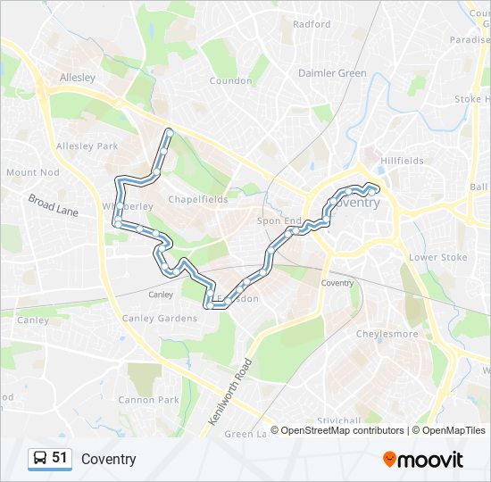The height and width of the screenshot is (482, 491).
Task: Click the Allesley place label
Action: [77, 78]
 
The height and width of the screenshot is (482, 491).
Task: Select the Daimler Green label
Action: [332, 73]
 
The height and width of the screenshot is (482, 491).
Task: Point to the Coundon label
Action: [230, 80]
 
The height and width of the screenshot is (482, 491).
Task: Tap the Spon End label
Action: [279, 220]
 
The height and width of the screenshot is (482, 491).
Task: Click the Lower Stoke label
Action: [437, 257]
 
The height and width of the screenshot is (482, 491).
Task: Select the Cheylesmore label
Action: [387, 334]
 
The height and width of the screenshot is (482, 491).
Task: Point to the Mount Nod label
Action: [32, 172]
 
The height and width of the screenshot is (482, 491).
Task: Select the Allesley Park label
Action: [87, 145]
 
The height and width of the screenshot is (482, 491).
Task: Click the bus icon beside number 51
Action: [40, 459]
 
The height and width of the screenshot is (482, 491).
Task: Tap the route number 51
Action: [60, 458]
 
